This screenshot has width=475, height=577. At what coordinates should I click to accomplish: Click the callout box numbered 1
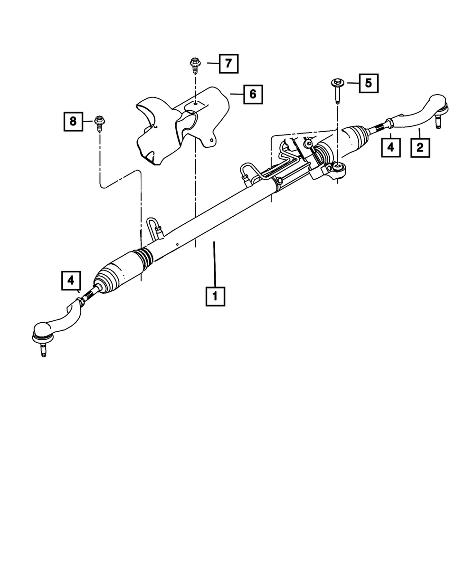(215, 296)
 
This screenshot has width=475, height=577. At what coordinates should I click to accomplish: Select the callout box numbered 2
(420, 147)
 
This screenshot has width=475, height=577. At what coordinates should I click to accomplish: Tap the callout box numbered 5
(368, 83)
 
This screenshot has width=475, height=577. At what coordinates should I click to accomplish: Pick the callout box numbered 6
(253, 94)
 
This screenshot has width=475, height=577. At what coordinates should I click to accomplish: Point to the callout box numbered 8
(73, 121)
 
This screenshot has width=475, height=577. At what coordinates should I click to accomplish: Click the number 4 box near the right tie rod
(390, 147)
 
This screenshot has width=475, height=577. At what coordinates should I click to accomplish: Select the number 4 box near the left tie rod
(71, 280)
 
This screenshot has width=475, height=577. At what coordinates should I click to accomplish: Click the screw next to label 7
(195, 64)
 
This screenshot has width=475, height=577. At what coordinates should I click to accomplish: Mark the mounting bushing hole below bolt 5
(338, 166)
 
